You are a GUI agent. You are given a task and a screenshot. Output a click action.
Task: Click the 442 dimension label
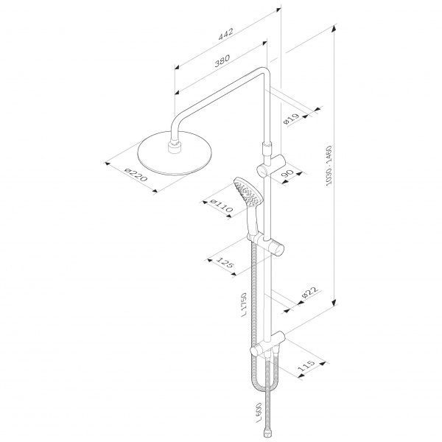226,34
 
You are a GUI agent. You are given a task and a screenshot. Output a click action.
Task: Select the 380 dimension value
222,60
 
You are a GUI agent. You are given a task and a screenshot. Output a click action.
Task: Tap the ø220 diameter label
136,175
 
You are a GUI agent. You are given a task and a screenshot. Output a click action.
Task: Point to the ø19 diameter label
291,119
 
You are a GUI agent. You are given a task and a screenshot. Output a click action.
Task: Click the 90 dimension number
287,173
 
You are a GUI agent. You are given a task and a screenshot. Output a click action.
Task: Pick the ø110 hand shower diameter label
222,206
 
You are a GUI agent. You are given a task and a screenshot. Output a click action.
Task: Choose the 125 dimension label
225,262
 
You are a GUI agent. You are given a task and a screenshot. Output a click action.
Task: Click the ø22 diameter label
309,292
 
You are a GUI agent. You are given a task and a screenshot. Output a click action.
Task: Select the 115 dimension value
306,365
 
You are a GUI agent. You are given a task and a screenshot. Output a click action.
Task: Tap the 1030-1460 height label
329,166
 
